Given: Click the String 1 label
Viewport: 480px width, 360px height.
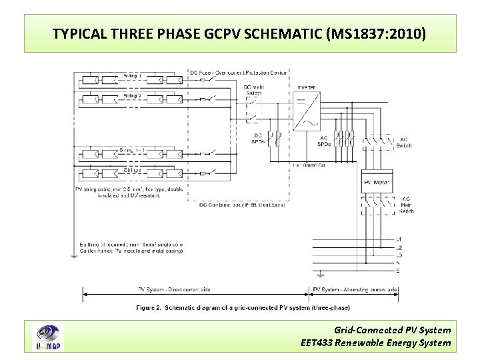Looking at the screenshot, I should click(132, 75).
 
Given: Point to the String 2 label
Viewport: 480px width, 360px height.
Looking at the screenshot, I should click(132, 96).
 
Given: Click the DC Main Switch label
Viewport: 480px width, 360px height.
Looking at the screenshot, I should click(253, 90).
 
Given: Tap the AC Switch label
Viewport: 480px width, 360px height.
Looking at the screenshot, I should click(404, 143).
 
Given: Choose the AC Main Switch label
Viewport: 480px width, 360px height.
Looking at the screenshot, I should click(406, 205).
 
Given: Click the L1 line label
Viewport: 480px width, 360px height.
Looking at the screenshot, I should click(399, 239).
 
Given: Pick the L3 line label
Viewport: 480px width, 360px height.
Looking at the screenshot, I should click(399, 255).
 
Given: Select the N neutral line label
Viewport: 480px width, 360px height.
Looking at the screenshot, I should click(399, 263).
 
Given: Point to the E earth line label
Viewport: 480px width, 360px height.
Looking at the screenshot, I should click(399, 271).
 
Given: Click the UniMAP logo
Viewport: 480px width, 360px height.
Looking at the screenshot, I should click(48, 337).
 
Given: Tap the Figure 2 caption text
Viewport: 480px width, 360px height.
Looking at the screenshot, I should click(243, 307).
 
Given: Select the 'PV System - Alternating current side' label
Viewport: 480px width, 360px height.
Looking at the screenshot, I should click(356, 290).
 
